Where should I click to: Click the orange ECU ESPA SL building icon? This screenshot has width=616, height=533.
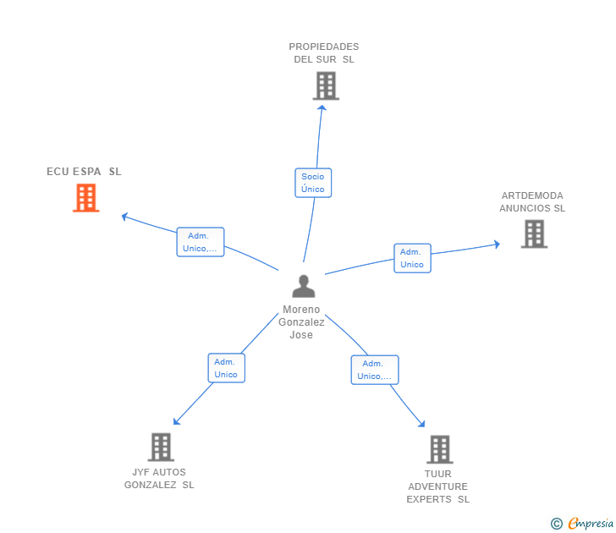[86, 198]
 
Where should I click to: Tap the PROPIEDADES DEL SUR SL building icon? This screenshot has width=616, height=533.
[326, 85]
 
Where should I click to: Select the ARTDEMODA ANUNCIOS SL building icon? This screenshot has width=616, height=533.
[534, 234]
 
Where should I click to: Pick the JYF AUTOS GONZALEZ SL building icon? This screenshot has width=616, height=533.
[161, 447]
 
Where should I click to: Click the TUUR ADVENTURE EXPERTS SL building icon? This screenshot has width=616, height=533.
[440, 449]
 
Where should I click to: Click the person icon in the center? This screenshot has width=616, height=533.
[303, 286]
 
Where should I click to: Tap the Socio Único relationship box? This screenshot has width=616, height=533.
[313, 183]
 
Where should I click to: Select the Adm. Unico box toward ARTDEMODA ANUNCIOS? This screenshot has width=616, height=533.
[413, 258]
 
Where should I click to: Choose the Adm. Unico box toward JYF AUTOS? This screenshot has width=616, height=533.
[226, 368]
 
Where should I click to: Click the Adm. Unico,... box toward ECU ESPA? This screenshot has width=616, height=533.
[201, 242]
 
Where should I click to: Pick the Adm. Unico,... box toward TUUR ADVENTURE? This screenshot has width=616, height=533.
[375, 370]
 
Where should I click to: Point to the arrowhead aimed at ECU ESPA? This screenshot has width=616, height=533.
[124, 217]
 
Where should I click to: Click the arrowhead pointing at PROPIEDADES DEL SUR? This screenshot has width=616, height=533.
[322, 107]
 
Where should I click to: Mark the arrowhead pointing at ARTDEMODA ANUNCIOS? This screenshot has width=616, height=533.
[497, 245]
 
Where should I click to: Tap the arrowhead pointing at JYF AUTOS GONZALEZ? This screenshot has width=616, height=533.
[176, 422]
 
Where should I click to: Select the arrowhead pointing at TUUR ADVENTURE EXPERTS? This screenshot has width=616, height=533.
[422, 424]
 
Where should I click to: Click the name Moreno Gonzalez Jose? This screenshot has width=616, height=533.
[301, 322]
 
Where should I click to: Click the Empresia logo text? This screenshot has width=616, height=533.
[591, 524]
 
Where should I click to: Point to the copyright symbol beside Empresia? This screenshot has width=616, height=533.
[557, 524]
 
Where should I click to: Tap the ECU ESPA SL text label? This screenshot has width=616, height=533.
[84, 172]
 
